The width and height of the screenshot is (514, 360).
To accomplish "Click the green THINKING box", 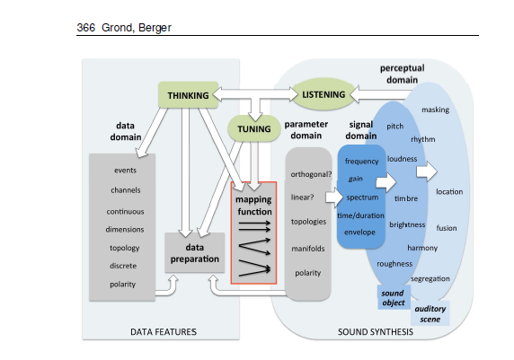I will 189,95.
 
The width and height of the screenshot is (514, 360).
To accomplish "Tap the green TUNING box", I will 254,129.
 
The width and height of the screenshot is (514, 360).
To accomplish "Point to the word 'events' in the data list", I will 125,171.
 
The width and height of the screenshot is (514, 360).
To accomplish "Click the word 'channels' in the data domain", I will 125,190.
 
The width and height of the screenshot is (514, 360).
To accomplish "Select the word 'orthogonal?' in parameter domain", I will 311,174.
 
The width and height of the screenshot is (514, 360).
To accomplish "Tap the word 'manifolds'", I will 307,248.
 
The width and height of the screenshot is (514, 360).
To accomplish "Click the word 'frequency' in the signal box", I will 361,161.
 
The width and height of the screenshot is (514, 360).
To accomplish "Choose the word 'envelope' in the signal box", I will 361,231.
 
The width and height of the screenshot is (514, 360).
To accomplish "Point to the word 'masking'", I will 435,110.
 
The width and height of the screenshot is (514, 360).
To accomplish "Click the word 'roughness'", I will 394,264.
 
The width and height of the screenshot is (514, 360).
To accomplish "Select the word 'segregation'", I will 430,278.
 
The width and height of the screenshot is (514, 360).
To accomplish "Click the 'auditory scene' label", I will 430,313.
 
